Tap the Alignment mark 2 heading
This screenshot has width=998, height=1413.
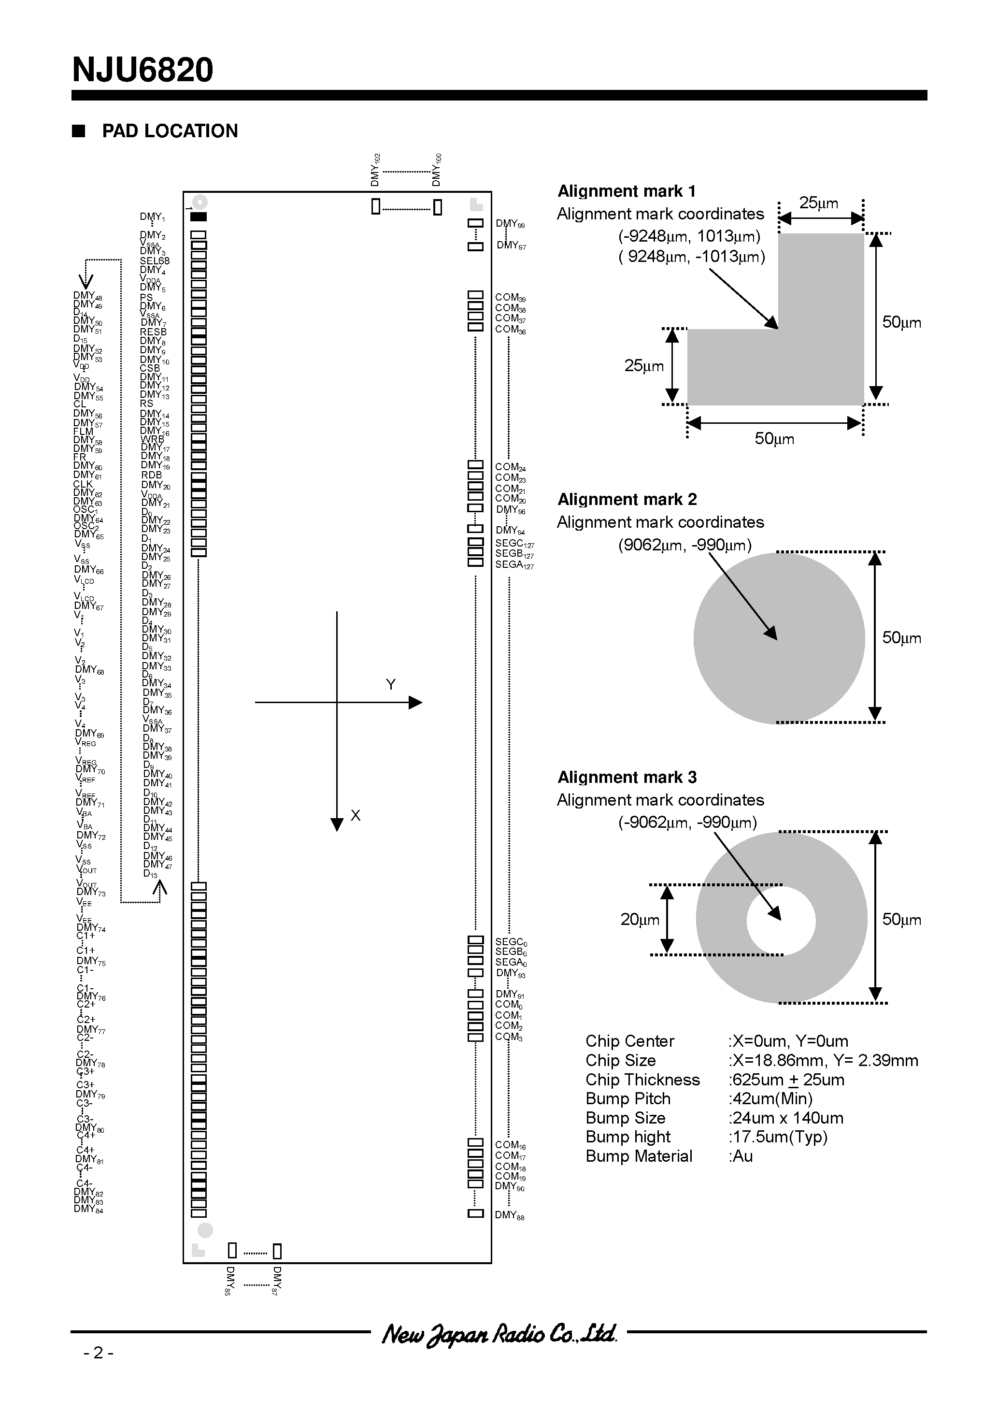pos(627,499)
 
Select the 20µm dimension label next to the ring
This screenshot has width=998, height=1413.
pos(639,920)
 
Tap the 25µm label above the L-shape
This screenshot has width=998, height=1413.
pos(818,203)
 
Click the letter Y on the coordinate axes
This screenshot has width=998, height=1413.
pos(390,684)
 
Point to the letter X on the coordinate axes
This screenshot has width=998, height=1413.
pos(355,815)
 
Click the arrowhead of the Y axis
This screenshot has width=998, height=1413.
pos(416,702)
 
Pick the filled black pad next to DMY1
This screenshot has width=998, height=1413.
pos(198,216)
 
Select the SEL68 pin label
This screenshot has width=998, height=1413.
pos(155,261)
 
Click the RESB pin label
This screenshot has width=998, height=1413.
pos(153,332)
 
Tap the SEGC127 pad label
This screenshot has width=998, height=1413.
pos(514,544)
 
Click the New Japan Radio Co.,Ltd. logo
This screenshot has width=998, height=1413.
pos(499,1334)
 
